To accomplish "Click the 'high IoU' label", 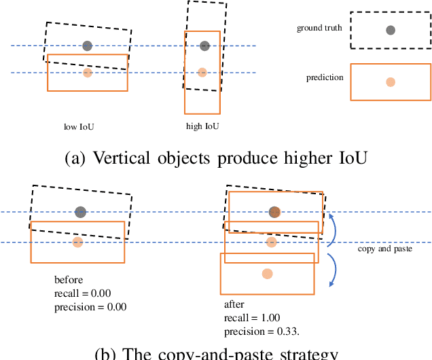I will coord(202,126).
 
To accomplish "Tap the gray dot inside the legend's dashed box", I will coord(390,30).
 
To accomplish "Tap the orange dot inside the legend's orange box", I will coord(390,82).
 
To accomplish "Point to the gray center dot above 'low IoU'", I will coord(87,46).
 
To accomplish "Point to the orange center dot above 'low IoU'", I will coord(87,73).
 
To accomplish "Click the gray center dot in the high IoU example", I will coord(204,46).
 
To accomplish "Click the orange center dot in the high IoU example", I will coord(202,72).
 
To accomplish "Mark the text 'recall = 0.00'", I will coord(82,293).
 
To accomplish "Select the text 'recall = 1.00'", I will coord(252,318).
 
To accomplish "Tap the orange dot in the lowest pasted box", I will coord(267,274).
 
